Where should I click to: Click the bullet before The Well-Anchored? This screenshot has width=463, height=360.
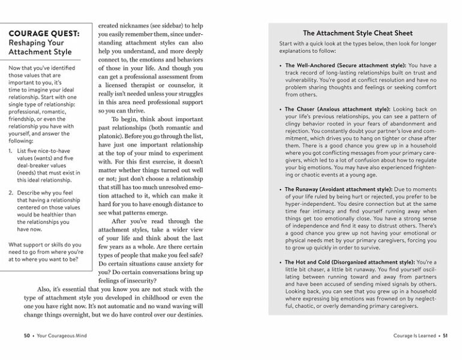[x=280, y=65]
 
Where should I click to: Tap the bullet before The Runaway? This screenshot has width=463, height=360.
[x=280, y=190]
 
